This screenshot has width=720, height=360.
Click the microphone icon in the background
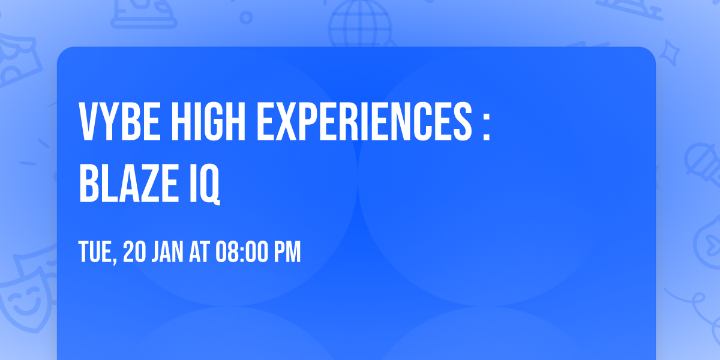point(699,159)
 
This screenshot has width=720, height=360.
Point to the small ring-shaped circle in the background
point(246,17)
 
